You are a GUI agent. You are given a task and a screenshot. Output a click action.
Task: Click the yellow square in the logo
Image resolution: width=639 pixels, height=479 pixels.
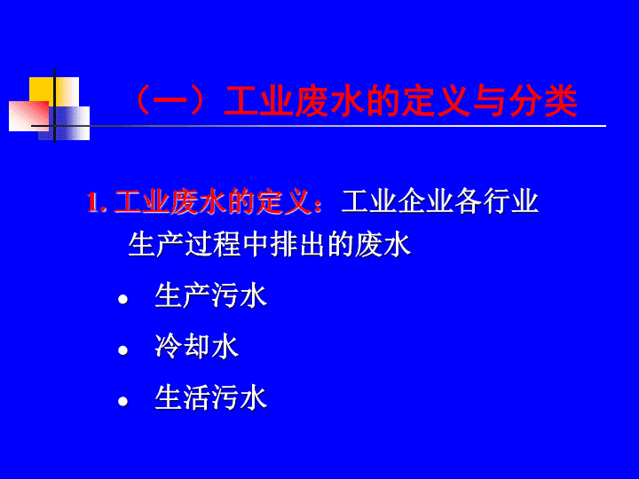click(54, 92)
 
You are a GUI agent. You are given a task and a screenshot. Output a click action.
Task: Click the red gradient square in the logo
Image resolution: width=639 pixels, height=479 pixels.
click(28, 116)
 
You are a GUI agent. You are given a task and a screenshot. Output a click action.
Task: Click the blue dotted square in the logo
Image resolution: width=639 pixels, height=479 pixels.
click(64, 123)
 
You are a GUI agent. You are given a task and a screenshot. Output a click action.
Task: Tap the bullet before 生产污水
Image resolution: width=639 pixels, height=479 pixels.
click(123, 300)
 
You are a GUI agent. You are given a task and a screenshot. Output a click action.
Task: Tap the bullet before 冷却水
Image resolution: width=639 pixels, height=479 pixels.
click(123, 350)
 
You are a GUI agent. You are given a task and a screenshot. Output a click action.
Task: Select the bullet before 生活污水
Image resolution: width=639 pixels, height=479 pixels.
click(123, 402)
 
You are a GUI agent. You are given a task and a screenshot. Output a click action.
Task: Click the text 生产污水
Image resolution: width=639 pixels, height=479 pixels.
click(210, 295)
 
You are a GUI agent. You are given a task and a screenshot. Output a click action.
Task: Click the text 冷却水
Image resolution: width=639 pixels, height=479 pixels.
click(196, 347)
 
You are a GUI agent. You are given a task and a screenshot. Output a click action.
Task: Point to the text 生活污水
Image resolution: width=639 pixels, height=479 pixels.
click(210, 398)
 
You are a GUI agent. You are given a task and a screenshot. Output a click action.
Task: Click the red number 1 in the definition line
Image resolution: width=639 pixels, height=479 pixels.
click(93, 202)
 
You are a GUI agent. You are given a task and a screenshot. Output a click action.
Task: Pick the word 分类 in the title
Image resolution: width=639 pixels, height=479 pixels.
click(543, 100)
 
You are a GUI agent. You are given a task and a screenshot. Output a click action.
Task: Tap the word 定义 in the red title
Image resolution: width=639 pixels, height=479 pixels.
click(436, 100)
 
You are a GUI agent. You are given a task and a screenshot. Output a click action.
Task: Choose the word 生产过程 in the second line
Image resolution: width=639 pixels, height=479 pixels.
click(185, 245)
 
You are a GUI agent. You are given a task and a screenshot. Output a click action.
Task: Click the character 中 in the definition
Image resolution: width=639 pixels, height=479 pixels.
click(256, 245)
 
